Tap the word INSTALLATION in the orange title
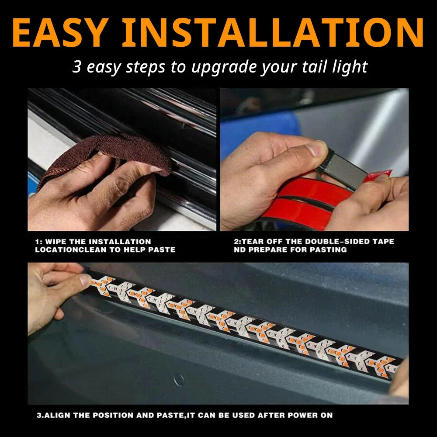tap(273, 33)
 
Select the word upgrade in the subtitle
tap(224, 68)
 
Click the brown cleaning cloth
tap(109, 156)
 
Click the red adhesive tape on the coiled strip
tap(307, 201)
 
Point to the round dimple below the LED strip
tap(179, 380)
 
